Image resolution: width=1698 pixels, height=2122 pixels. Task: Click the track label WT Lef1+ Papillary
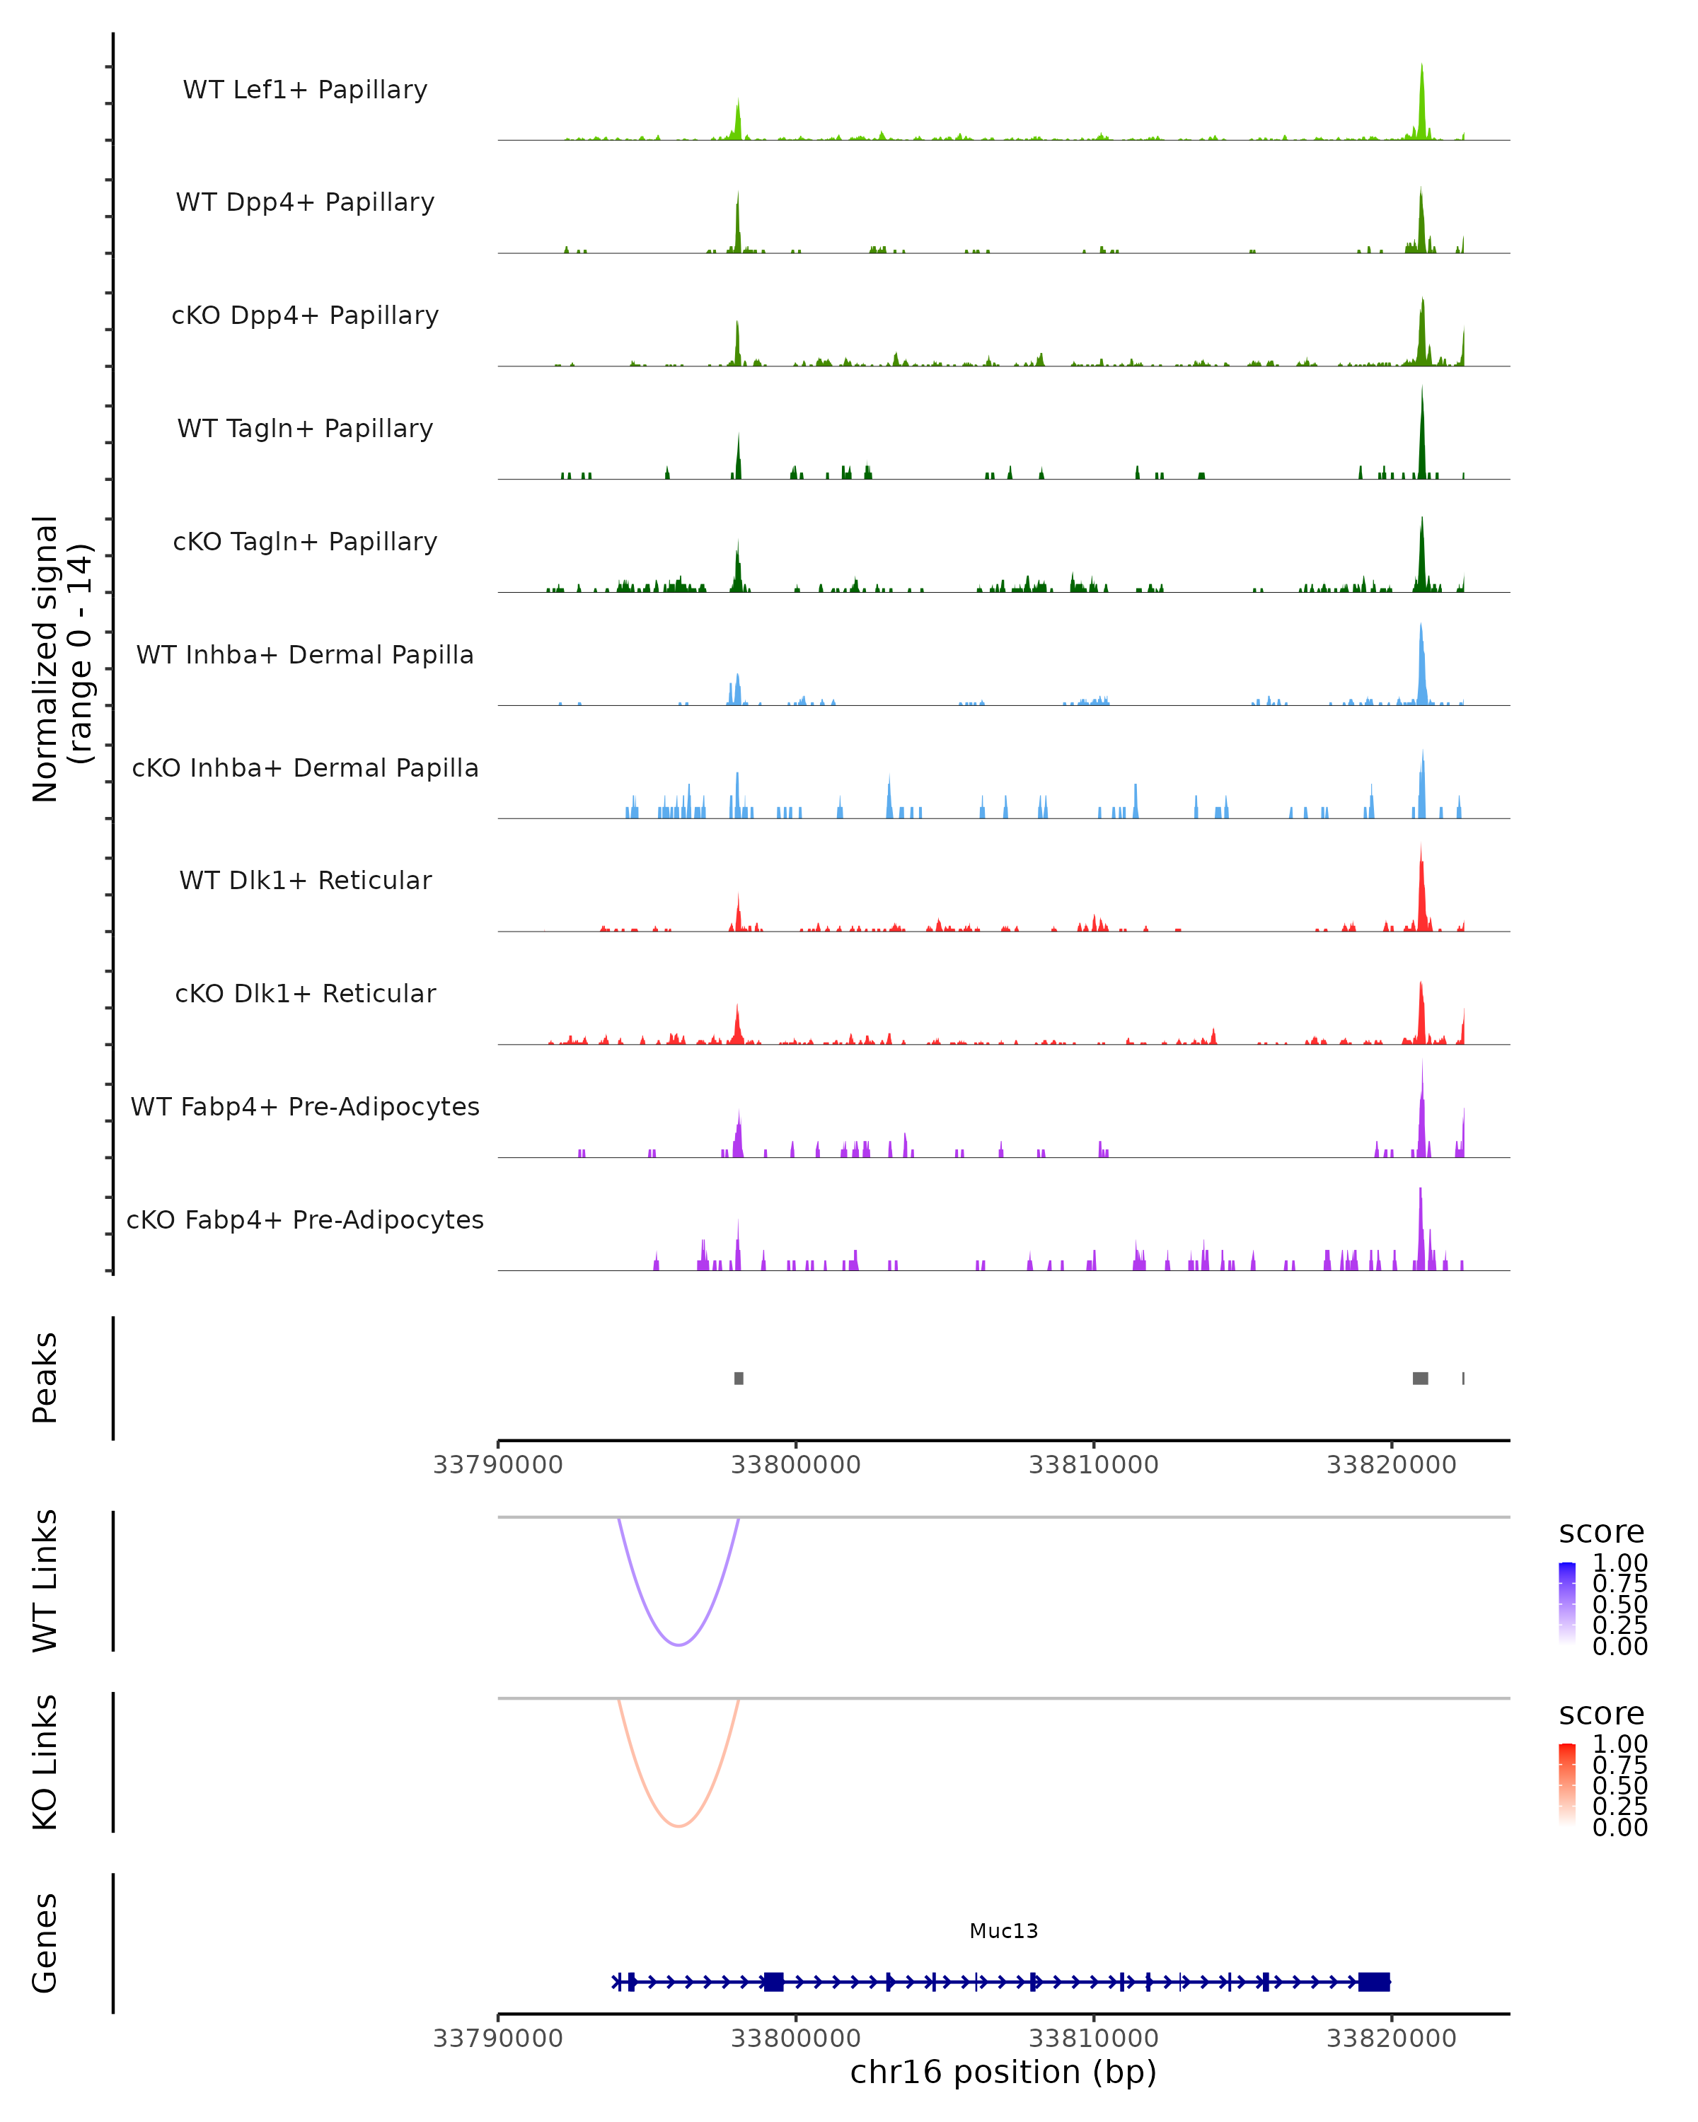click(305, 90)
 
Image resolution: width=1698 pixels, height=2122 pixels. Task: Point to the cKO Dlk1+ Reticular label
click(305, 993)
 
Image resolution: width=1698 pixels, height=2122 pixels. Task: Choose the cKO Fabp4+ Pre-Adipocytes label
click(305, 1219)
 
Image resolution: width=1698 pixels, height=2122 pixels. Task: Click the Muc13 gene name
click(1003, 1931)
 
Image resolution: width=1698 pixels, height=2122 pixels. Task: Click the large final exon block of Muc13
click(1373, 1981)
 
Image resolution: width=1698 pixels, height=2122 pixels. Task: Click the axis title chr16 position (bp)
click(1003, 2072)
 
